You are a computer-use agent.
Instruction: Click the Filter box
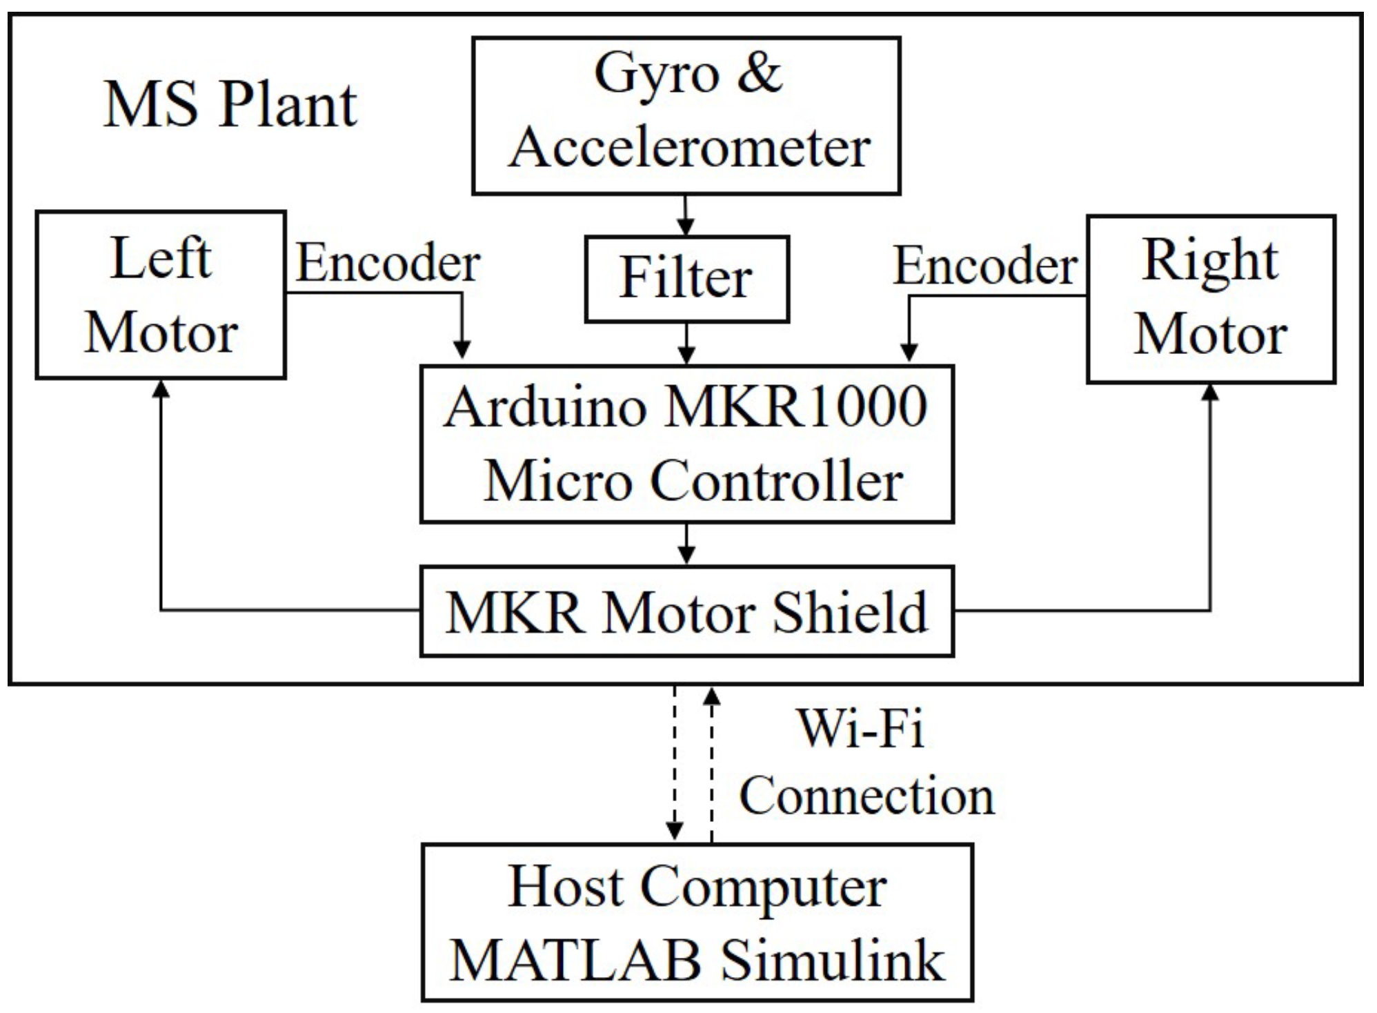(686, 279)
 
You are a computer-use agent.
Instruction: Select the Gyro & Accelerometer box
(686, 115)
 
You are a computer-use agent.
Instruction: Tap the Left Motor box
(161, 295)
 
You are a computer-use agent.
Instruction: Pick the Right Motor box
(1211, 299)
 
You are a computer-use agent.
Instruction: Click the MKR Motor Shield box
(686, 611)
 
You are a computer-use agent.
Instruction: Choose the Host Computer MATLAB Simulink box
(697, 922)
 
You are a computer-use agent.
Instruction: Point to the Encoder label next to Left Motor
(388, 263)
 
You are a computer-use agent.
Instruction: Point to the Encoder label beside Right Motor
(985, 266)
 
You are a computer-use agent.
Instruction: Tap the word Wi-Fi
(860, 729)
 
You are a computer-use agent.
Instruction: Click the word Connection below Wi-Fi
(866, 796)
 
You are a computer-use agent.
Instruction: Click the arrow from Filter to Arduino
(686, 344)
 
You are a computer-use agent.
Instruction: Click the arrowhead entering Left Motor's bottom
(161, 390)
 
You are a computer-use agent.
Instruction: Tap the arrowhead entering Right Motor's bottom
(1210, 393)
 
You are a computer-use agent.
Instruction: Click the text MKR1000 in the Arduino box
(795, 408)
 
